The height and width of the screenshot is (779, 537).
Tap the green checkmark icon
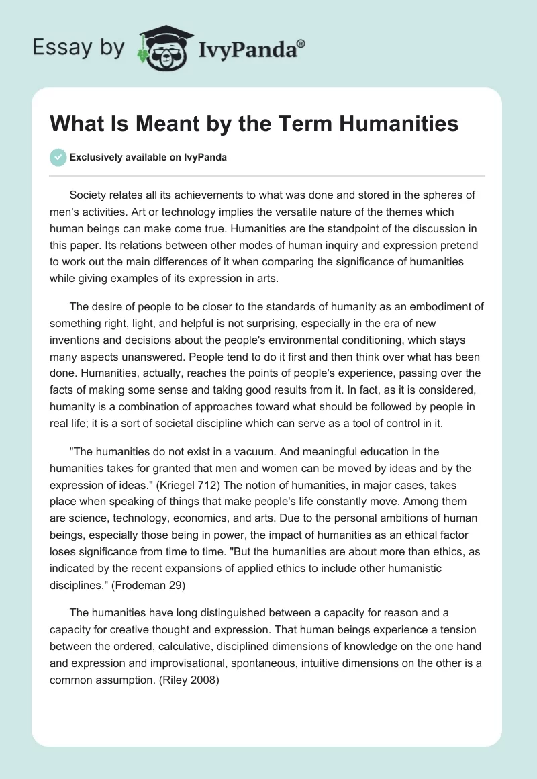58,157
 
